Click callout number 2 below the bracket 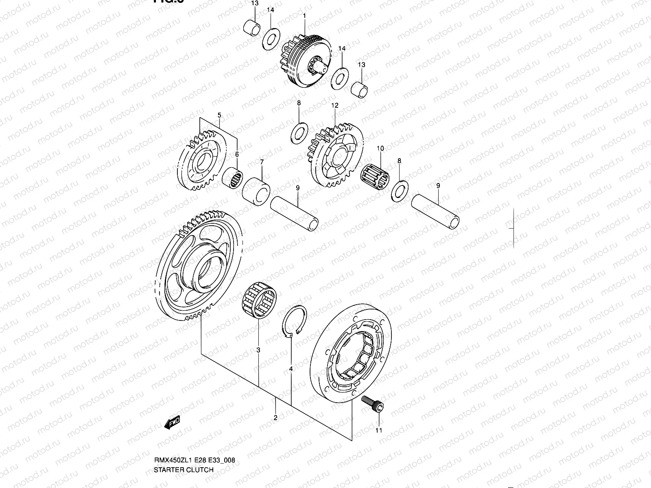275,418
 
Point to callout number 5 219,115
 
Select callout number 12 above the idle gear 334,105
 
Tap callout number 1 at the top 304,15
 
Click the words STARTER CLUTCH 184,470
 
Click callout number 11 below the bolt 379,430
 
